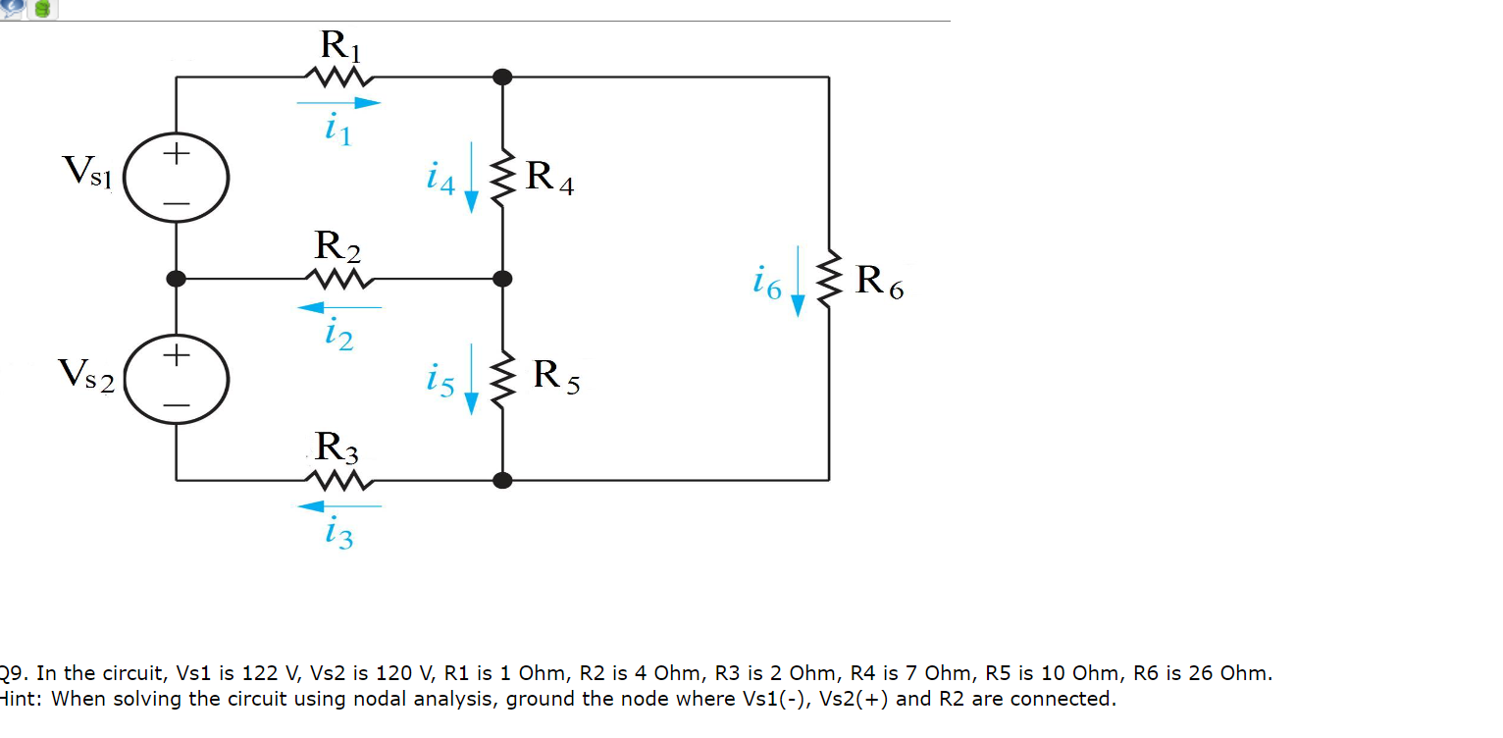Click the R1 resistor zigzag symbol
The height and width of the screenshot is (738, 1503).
(x=338, y=77)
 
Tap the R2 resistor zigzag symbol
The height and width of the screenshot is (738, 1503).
(x=338, y=280)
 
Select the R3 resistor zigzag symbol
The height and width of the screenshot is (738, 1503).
(x=338, y=481)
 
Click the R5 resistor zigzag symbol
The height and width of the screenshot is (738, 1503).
(x=503, y=380)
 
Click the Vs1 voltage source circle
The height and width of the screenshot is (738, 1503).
(x=178, y=178)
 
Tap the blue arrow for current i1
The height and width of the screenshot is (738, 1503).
(x=338, y=101)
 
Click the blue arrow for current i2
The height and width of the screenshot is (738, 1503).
(x=338, y=307)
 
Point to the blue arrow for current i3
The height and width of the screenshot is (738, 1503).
(x=338, y=506)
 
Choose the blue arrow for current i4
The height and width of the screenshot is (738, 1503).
(x=471, y=177)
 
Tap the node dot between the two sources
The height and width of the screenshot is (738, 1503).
(x=177, y=279)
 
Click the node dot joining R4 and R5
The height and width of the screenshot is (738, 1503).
(x=503, y=279)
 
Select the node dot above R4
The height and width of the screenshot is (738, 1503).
(x=503, y=77)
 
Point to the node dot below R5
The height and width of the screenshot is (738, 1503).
(x=503, y=481)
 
